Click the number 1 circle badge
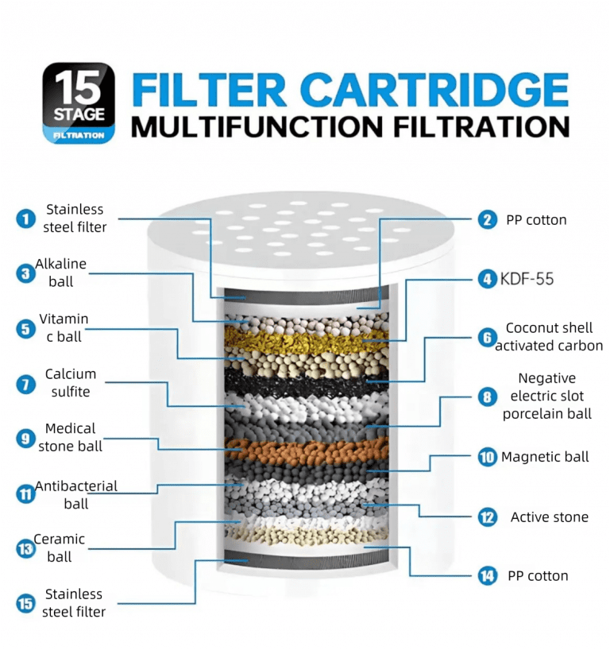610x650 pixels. coord(26,219)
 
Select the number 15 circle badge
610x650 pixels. coord(26,604)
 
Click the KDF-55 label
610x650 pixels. coord(527,279)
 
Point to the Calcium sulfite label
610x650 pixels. coord(71,383)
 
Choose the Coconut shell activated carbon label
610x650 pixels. coord(549,337)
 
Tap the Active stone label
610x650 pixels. coord(549,517)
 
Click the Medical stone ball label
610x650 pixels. coord(71,438)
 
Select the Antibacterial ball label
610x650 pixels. coord(76,494)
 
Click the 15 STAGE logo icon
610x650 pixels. coord(79,103)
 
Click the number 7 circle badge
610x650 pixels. coord(26,385)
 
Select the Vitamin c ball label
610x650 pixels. coord(64,327)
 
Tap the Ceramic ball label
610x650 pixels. coord(60,548)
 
